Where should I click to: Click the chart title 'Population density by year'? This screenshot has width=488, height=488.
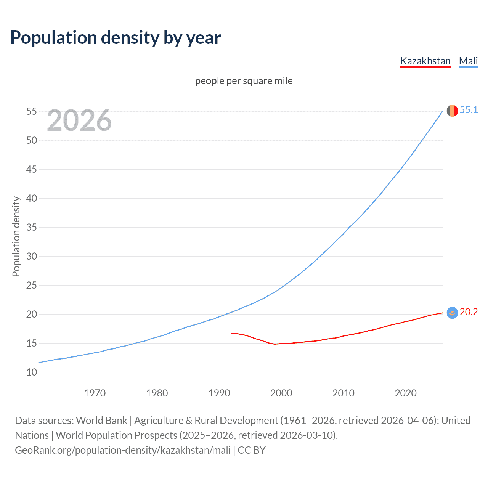(x=116, y=38)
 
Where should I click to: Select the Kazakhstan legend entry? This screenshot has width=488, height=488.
(x=425, y=61)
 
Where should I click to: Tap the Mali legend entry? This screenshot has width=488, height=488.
(x=468, y=61)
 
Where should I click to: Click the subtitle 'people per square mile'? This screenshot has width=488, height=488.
(x=244, y=81)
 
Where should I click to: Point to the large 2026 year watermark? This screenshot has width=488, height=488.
(x=79, y=120)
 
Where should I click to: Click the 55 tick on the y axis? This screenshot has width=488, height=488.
(x=32, y=112)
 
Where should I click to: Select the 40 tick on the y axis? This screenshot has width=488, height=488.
(x=32, y=198)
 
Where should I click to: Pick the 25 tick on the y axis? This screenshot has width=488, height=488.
(x=32, y=285)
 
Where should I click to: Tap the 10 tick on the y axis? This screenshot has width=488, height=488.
(x=32, y=372)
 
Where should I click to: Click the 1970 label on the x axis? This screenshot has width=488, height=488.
(x=95, y=393)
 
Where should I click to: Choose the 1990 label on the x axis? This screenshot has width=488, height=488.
(x=219, y=393)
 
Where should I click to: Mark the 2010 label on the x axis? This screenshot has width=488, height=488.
(x=344, y=393)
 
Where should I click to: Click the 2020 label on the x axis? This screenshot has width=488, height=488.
(x=406, y=393)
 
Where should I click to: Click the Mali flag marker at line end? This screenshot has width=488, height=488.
(x=452, y=111)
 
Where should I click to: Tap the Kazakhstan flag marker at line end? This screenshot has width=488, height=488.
(x=452, y=313)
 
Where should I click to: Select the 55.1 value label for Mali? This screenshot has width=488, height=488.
(x=469, y=110)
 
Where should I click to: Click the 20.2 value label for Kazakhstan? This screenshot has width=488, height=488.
(x=469, y=312)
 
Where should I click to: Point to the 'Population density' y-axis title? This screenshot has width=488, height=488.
(x=16, y=236)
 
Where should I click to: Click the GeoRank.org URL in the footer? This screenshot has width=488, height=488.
(x=123, y=450)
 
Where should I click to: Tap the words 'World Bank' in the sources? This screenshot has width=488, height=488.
(x=101, y=421)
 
